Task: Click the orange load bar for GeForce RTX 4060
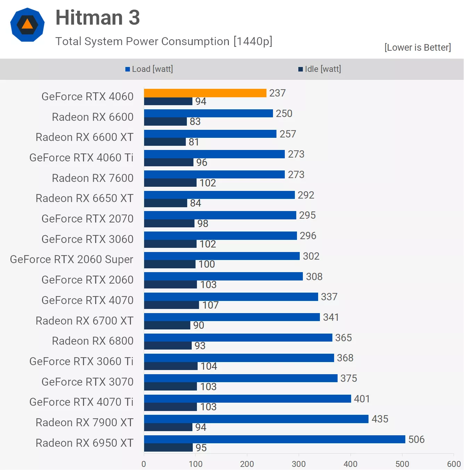[205, 93]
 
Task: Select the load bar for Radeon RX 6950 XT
[274, 439]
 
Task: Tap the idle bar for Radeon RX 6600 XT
[165, 142]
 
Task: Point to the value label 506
[416, 439]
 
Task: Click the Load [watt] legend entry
[149, 69]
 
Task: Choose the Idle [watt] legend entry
[320, 69]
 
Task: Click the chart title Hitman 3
[98, 18]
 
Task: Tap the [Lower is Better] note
[417, 48]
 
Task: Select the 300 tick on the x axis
[299, 464]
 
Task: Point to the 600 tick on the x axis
[454, 464]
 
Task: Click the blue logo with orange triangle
[27, 25]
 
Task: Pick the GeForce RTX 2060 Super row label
[72, 259]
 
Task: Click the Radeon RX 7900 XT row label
[84, 422]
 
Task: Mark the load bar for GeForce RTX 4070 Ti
[247, 398]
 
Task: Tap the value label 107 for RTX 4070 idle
[210, 305]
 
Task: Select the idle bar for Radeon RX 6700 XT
[167, 325]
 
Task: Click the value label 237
[277, 93]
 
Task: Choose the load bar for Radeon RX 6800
[238, 337]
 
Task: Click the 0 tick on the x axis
[144, 464]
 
